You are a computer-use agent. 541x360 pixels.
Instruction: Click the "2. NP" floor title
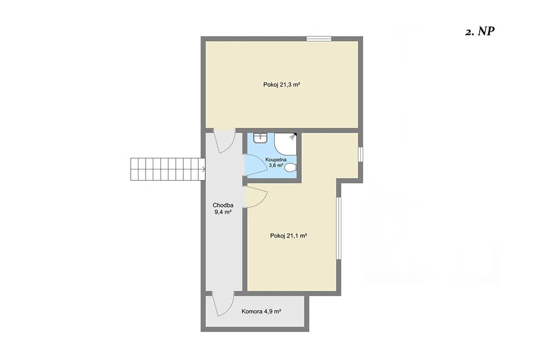480,32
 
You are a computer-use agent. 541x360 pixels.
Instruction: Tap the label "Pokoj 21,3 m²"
281,84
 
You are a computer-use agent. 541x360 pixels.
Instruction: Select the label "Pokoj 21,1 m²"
289,236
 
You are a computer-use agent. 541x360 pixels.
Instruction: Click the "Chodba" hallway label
223,205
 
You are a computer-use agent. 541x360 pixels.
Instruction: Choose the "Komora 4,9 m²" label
261,311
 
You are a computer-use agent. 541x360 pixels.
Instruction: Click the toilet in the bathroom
291,167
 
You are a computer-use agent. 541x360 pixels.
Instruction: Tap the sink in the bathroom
260,138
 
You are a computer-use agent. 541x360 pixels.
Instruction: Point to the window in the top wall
319,39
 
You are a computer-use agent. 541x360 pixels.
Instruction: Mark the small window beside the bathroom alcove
360,154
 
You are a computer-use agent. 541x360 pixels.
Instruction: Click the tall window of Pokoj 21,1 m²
339,228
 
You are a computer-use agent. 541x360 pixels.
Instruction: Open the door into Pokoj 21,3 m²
225,140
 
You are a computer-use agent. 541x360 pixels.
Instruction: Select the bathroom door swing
254,165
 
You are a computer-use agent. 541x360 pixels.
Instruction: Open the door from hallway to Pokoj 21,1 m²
255,196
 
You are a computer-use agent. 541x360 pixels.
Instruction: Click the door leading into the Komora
223,303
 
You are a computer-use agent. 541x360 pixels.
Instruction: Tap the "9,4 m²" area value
223,212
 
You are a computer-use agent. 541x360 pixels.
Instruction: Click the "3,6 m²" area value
276,166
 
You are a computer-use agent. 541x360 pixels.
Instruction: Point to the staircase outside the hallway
168,169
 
